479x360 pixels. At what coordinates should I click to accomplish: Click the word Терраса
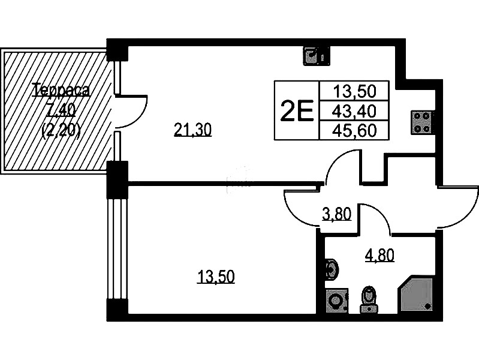click(61, 91)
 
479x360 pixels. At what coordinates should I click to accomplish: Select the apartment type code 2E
click(297, 110)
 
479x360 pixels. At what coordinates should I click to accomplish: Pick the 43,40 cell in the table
click(354, 110)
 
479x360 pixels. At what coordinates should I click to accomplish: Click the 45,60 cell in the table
click(354, 130)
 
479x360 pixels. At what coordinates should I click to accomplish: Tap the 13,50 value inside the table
click(354, 91)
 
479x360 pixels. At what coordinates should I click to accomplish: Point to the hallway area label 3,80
click(336, 213)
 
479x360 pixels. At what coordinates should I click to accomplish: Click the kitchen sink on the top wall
click(314, 55)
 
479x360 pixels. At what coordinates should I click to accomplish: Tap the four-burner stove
click(422, 122)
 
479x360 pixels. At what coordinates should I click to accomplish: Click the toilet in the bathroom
click(368, 299)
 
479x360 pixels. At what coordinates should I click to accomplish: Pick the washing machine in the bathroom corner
click(336, 301)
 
